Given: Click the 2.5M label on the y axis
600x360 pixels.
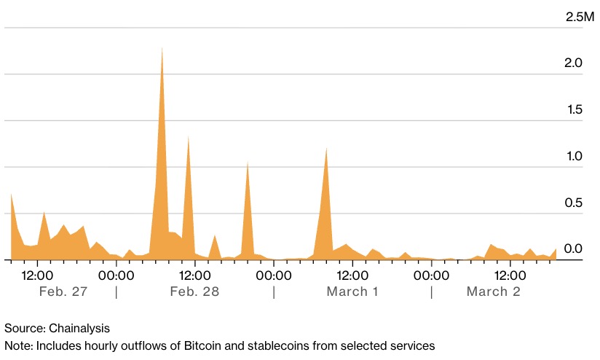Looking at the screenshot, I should point(580,16).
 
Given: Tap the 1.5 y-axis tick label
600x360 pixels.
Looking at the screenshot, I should point(574,110).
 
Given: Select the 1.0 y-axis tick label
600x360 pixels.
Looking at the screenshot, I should point(574,156).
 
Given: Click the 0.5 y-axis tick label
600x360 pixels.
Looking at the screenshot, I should point(574,203).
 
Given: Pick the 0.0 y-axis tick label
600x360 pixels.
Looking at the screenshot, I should point(574,249).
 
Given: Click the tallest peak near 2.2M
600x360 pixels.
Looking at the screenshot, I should point(162,49).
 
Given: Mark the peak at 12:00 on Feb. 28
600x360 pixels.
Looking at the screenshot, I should point(189,137).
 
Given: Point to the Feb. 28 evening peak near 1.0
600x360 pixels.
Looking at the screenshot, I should point(248,163).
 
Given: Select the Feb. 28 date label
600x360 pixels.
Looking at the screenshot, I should point(194,291).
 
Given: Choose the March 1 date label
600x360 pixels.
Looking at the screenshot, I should point(352,291).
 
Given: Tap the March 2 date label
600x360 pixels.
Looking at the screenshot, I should point(493,291).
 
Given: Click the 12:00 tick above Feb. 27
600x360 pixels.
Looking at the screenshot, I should point(37,275).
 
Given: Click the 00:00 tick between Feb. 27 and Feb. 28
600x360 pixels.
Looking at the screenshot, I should point(116,275).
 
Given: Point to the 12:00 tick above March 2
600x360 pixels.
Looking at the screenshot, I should point(510,275).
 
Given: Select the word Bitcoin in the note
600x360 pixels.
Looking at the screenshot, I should point(213,345).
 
